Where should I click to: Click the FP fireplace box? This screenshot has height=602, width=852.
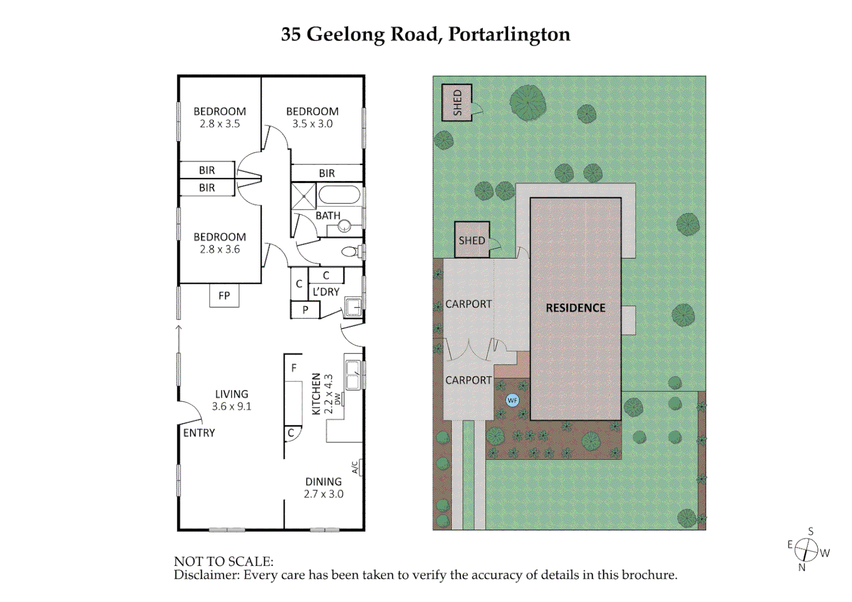click(224, 295)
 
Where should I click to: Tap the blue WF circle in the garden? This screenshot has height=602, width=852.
click(512, 400)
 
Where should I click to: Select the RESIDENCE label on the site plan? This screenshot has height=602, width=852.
click(575, 308)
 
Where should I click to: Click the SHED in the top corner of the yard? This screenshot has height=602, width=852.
click(457, 103)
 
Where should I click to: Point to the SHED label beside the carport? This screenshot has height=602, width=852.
click(472, 240)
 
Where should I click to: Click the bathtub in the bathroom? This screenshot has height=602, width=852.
click(339, 196)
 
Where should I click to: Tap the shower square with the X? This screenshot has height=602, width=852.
click(303, 196)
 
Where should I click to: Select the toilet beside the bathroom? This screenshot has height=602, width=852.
click(351, 252)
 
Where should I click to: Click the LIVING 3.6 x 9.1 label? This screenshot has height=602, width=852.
click(231, 400)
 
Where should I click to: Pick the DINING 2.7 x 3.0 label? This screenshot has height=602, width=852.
click(323, 488)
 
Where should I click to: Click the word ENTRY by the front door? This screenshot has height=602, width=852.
click(199, 433)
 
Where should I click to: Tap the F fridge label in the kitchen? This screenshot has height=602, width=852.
click(294, 368)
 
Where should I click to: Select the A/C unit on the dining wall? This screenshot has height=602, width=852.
click(357, 467)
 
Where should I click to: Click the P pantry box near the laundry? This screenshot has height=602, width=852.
click(305, 310)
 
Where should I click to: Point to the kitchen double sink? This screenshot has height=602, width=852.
click(352, 375)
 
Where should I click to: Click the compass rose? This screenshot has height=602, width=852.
click(806, 550)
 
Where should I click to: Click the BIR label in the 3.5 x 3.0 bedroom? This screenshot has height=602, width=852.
click(327, 173)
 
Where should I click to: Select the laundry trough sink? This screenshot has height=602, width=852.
click(353, 307)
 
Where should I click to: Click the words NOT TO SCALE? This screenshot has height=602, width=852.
click(224, 561)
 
